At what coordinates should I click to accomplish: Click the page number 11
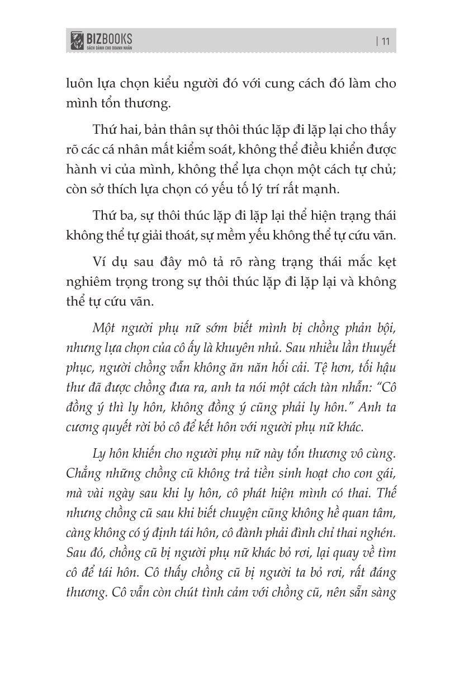(385, 40)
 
